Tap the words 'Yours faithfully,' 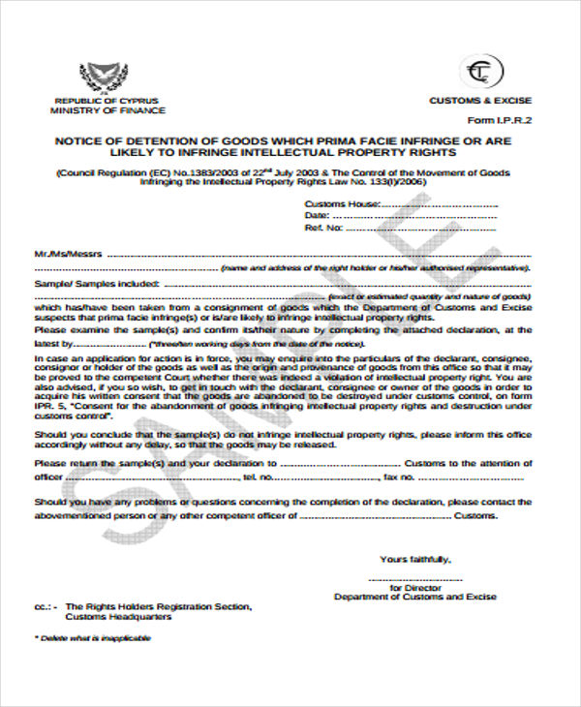414,560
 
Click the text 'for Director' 415,588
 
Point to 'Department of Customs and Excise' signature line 415,598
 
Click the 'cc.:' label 45,607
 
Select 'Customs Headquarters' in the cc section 118,617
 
